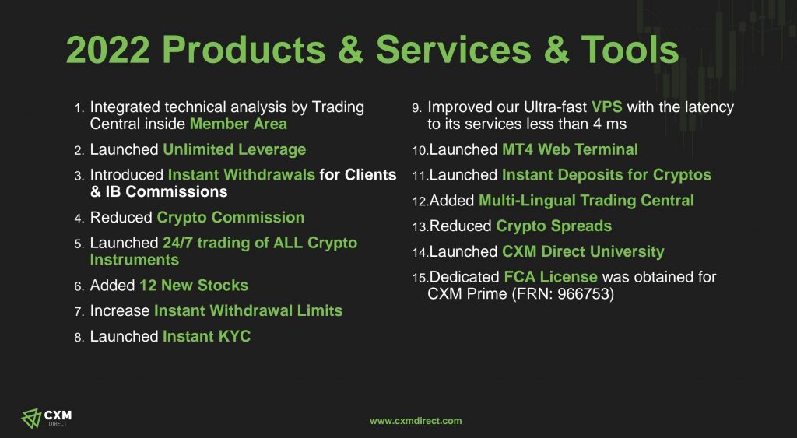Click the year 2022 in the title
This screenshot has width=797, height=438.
click(107, 49)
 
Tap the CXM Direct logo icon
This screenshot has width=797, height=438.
click(30, 419)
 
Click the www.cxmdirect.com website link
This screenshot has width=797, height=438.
click(416, 421)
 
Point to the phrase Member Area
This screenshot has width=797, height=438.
click(238, 124)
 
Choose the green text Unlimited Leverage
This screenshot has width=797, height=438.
click(234, 149)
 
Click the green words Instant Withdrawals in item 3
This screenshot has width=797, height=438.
click(241, 174)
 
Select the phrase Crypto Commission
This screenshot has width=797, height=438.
click(230, 218)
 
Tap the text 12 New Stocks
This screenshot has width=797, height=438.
click(194, 285)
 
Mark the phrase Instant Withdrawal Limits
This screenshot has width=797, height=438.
click(248, 310)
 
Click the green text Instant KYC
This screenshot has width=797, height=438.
click(206, 336)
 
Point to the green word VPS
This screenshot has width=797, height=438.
click(607, 107)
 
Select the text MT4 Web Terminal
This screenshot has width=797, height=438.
click(570, 149)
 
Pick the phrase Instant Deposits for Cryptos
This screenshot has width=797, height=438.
click(606, 175)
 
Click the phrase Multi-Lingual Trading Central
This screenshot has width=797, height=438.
click(586, 200)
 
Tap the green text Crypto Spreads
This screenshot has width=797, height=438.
click(553, 226)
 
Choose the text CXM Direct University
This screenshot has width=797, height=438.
click(583, 251)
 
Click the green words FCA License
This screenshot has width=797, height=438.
click(550, 276)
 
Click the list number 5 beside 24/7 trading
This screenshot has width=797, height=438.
click(79, 244)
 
